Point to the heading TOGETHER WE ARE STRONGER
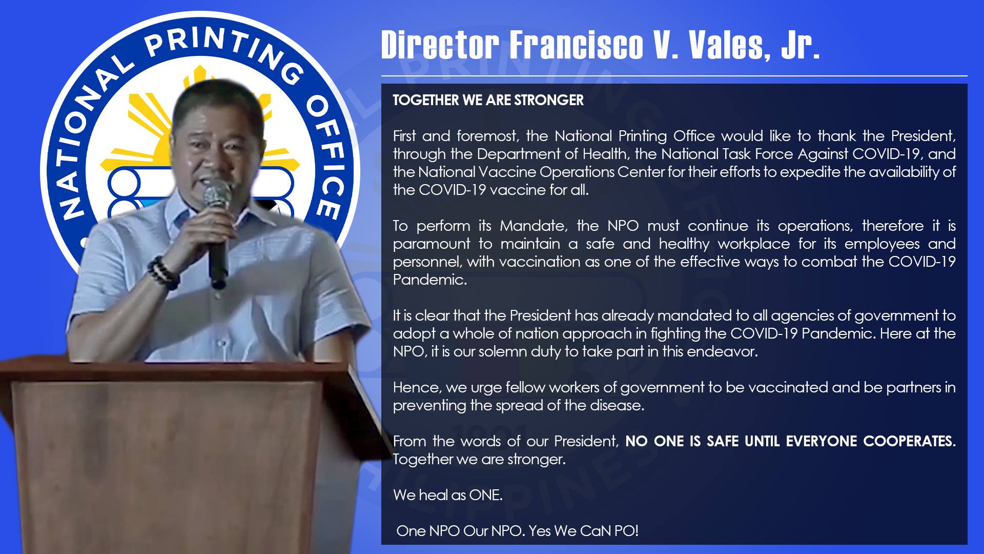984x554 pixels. point(488,100)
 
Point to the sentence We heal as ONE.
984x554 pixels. point(447,495)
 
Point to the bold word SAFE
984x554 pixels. point(723,441)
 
